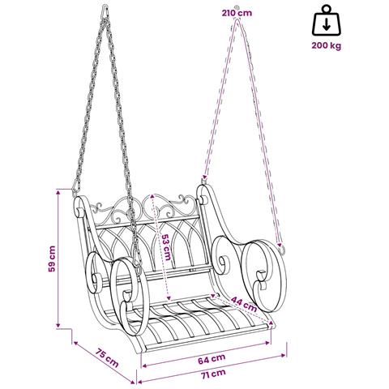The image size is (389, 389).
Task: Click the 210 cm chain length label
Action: point(237,13)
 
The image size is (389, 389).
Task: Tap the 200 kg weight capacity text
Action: point(327,45)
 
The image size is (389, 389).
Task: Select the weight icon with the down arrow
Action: point(327,21)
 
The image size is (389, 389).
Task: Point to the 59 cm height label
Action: point(52,259)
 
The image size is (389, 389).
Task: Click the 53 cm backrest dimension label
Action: point(165,247)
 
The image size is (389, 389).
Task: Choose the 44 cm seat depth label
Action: point(244,304)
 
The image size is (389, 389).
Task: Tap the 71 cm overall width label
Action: point(213,374)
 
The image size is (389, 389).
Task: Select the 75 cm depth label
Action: point(107,358)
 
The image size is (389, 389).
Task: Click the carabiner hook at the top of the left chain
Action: point(105,11)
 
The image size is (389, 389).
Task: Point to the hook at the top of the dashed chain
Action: point(237,7)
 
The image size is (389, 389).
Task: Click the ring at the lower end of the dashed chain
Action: point(281,249)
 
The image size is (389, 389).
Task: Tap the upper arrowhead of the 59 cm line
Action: point(58,192)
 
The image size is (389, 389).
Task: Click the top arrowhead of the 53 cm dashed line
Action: point(152,196)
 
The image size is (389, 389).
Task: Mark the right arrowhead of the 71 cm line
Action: point(284,356)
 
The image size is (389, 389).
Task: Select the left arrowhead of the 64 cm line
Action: point(144,365)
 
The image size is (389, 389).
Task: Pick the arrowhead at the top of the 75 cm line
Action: point(76,344)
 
